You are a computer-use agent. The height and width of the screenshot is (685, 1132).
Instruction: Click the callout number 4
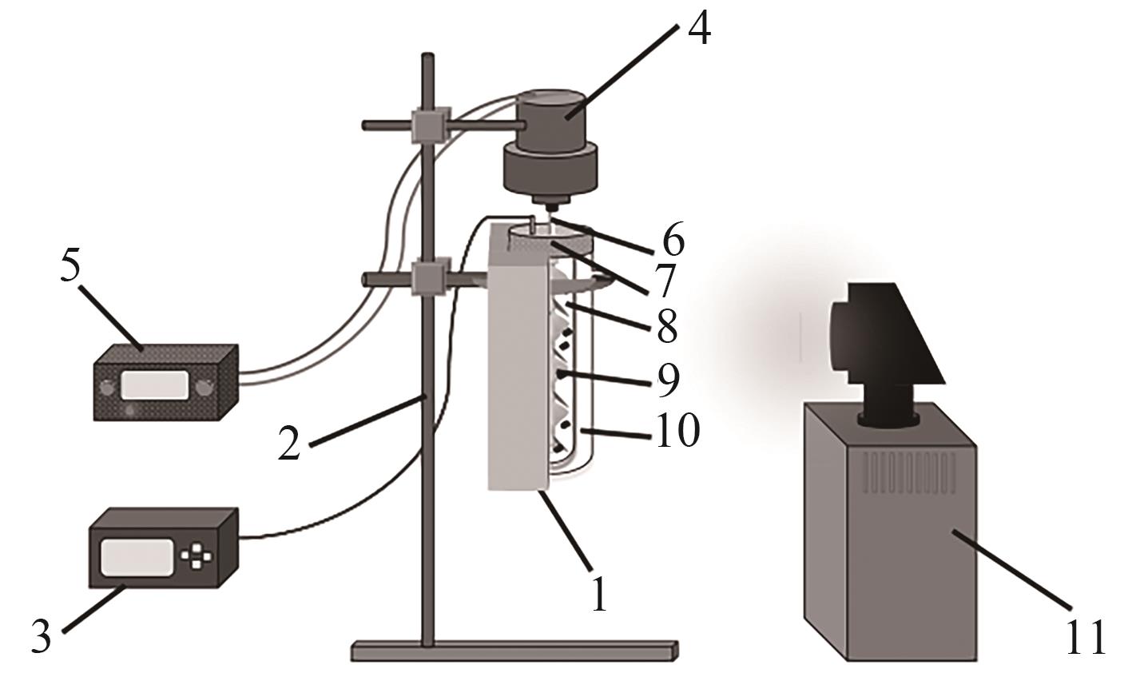pyautogui.click(x=700, y=28)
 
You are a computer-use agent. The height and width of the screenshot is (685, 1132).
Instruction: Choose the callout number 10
pyautogui.click(x=679, y=430)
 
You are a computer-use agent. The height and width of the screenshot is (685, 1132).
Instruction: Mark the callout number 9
pyautogui.click(x=669, y=381)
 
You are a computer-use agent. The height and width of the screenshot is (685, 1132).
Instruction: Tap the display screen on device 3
pyautogui.click(x=137, y=558)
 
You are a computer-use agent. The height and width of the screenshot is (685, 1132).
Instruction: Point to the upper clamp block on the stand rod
pyautogui.click(x=430, y=125)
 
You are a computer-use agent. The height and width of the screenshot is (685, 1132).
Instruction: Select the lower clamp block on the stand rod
pyautogui.click(x=430, y=276)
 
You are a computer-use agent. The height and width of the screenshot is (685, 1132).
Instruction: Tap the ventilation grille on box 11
pyautogui.click(x=910, y=473)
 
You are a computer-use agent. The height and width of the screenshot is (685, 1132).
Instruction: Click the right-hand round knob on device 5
pyautogui.click(x=204, y=388)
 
